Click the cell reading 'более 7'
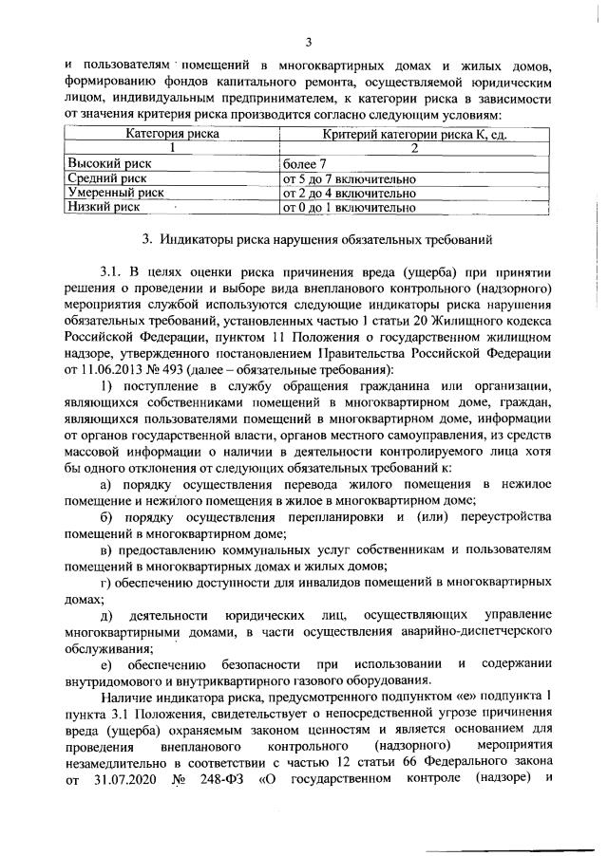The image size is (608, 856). pyautogui.click(x=304, y=163)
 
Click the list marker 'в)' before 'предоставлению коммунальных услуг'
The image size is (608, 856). pyautogui.click(x=107, y=550)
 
